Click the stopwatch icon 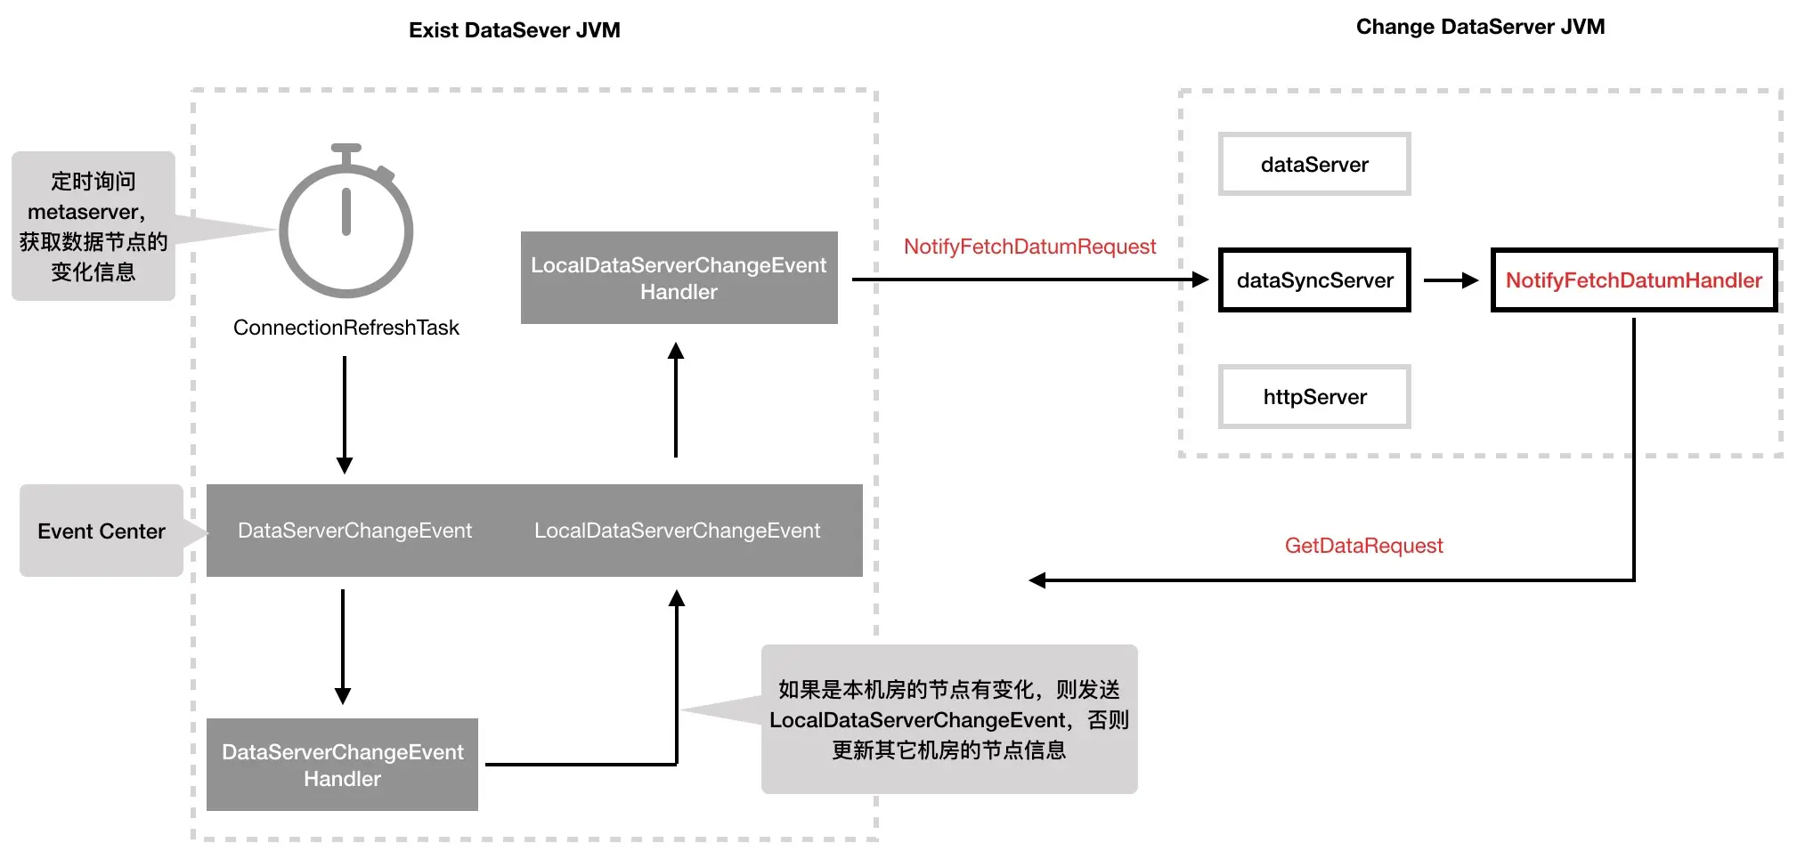click(346, 226)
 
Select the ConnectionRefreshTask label click(346, 328)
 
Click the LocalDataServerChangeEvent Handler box click(679, 278)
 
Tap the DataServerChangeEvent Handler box click(342, 765)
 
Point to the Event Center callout click(102, 531)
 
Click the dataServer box click(1314, 165)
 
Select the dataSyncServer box click(1314, 280)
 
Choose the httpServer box click(1314, 397)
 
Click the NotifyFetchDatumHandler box click(1633, 280)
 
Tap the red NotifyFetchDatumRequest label click(1029, 247)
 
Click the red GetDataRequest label click(1363, 546)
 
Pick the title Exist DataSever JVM click(514, 30)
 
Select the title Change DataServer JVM click(1480, 27)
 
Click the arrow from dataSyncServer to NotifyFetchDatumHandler click(1451, 280)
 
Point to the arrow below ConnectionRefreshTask click(345, 414)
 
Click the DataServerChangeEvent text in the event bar click(354, 531)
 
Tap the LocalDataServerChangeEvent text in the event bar click(677, 531)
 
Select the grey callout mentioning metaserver click(93, 226)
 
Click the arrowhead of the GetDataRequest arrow click(1037, 580)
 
